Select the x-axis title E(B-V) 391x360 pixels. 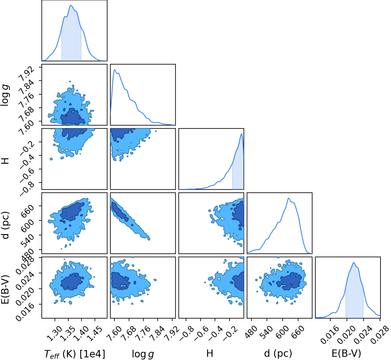346,353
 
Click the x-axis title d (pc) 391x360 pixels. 278,353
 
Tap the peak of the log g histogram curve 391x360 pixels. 115,69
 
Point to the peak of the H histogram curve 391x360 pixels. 241,134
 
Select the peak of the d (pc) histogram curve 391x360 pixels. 289,198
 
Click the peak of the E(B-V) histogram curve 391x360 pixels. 354,262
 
